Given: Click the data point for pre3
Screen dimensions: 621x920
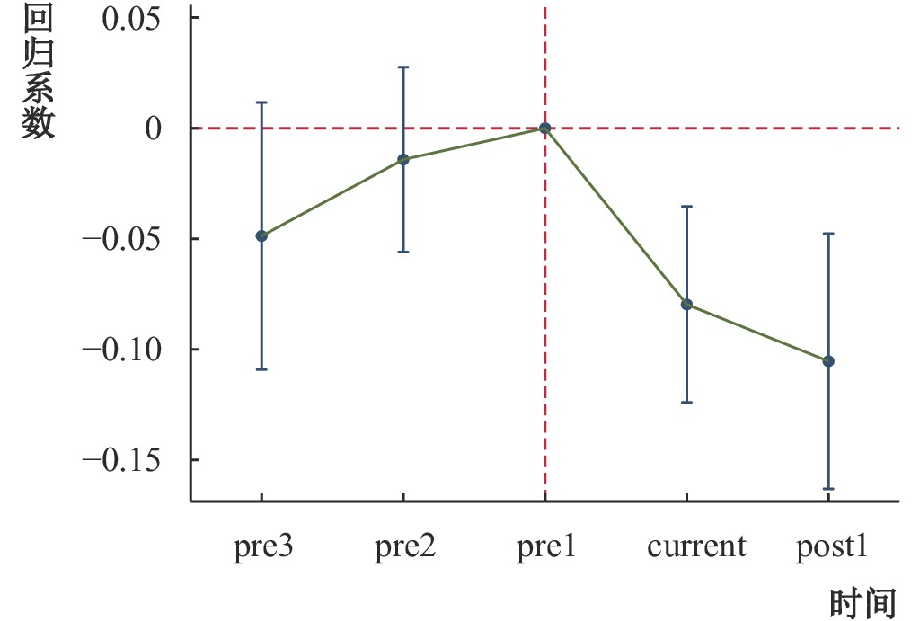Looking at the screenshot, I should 261,236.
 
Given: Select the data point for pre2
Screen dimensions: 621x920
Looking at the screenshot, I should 403,160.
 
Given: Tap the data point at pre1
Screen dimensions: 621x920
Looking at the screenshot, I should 545,129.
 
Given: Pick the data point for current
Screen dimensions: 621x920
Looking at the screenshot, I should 687,305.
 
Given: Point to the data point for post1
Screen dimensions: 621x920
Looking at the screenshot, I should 828,361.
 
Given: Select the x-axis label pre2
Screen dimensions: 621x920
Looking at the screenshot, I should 405,547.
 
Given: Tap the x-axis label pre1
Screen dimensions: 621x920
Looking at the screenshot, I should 546,547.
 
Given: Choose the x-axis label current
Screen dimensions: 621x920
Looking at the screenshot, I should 697,546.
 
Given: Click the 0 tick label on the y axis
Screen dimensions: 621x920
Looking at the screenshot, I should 155,129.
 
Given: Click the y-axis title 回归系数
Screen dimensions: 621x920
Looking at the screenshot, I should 39,72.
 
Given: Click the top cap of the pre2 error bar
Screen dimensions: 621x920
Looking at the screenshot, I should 403,67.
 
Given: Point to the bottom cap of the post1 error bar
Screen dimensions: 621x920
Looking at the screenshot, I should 828,489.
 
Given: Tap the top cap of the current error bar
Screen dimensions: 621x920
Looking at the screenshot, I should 687,207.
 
